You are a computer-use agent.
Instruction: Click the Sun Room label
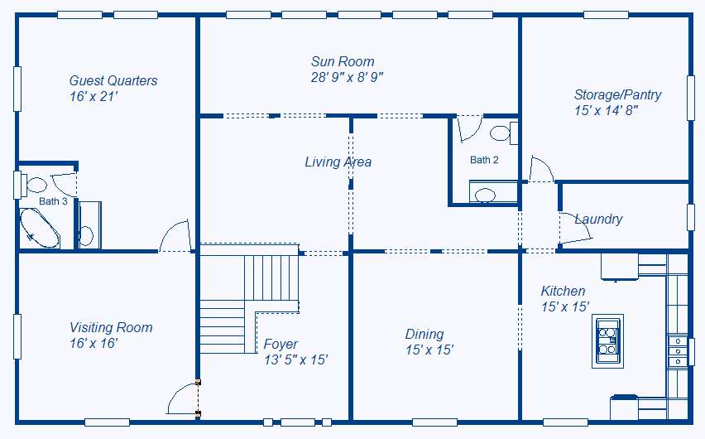[x=343, y=61]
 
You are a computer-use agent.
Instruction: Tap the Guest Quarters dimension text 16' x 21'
[x=94, y=96]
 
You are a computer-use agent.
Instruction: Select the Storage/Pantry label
[x=618, y=95]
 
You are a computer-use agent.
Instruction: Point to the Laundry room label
[x=599, y=219]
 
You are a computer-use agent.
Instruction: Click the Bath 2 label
[x=484, y=160]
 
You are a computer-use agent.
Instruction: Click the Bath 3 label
[x=53, y=201]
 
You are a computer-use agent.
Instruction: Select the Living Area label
[x=338, y=162]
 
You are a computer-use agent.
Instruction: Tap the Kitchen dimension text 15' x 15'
[x=565, y=306]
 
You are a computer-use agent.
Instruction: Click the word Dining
[x=424, y=334]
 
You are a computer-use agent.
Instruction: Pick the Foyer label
[x=281, y=345]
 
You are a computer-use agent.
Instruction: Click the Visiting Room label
[x=111, y=327]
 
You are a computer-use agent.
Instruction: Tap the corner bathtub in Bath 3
[x=39, y=228]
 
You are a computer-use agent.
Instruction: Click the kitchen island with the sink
[x=607, y=340]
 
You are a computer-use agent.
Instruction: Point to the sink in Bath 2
[x=485, y=195]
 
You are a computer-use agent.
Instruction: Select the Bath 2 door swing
[x=469, y=128]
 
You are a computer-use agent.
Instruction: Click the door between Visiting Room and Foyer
[x=183, y=398]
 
